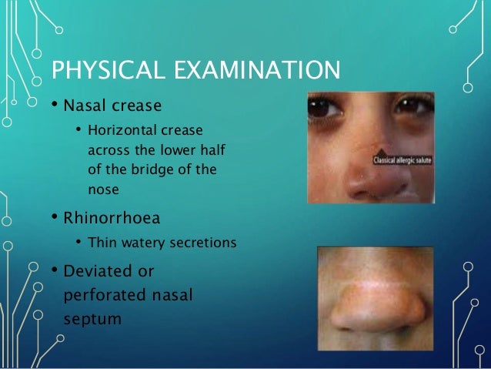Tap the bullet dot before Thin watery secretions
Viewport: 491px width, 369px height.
pyautogui.click(x=78, y=243)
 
